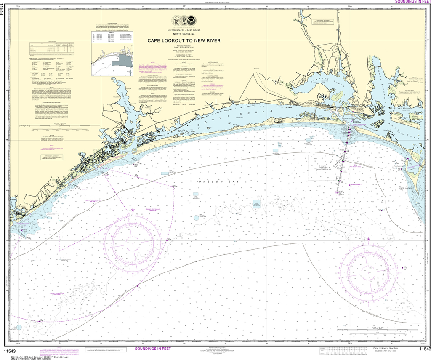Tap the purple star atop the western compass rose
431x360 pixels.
pyautogui.click(x=133, y=210)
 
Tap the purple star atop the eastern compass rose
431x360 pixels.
pyautogui.click(x=369, y=239)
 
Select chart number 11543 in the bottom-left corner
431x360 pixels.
pyautogui.click(x=9, y=349)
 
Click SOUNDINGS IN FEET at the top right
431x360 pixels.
pyautogui.click(x=410, y=2)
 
